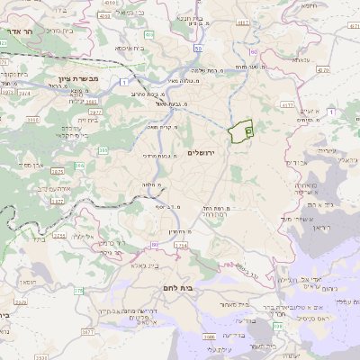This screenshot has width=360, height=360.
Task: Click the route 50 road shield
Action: (x=196, y=46)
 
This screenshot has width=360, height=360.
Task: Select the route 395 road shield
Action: (x=103, y=151)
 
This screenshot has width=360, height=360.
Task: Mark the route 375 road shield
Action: (x=77, y=291)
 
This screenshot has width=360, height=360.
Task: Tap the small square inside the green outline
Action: (x=248, y=131)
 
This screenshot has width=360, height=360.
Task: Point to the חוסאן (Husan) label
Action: (x=27, y=282)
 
